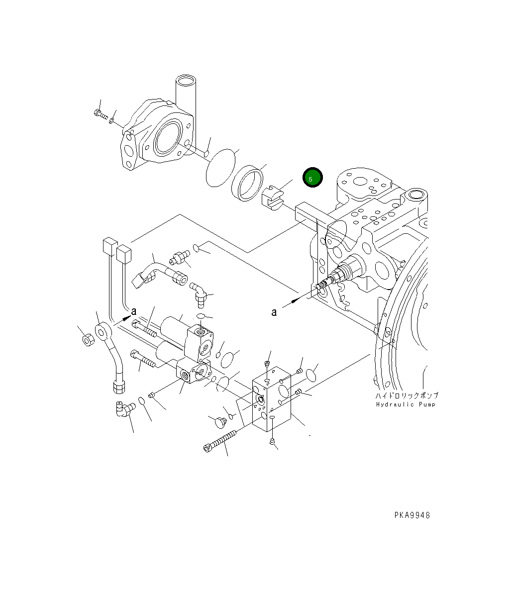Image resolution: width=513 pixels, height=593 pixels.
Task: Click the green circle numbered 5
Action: tap(312, 178)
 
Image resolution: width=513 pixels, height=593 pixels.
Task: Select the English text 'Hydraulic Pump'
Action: tap(406, 404)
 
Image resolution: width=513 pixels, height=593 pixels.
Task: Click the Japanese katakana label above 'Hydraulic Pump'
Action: tap(407, 395)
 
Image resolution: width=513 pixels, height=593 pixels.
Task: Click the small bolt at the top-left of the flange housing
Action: tap(100, 114)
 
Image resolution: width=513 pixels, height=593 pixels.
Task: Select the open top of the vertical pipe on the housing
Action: tap(186, 80)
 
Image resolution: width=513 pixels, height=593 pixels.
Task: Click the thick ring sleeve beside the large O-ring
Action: tap(247, 184)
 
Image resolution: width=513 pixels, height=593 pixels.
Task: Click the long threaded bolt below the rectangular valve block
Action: tap(221, 441)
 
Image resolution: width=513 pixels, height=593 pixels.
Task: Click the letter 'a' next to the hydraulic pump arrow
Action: tap(274, 312)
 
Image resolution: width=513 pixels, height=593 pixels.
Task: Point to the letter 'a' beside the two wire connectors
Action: tap(133, 311)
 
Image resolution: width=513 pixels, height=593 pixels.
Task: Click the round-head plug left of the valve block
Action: tap(219, 422)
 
